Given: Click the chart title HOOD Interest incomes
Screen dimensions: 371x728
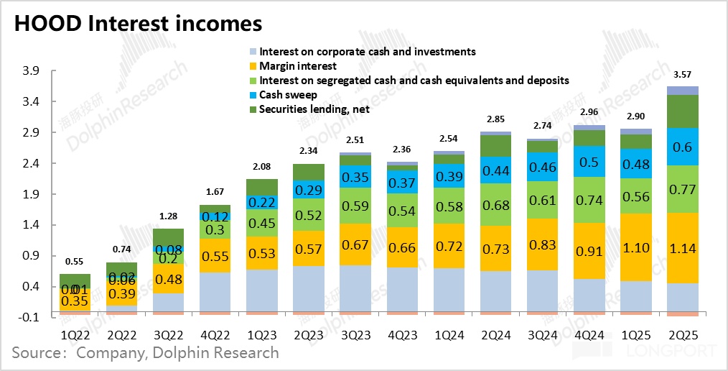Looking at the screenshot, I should click(137, 23).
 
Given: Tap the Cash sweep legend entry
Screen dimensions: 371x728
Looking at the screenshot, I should click(287, 95).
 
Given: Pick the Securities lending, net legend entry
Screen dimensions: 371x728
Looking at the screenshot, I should click(314, 109).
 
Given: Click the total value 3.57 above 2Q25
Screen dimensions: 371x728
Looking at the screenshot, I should click(683, 75).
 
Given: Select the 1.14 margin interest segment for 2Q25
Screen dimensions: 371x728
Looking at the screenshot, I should click(682, 248).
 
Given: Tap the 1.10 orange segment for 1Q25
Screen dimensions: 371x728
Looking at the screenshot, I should click(635, 247).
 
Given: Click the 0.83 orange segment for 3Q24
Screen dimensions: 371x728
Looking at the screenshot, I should click(541, 244).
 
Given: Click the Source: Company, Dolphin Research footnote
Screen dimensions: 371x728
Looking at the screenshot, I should click(144, 353).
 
